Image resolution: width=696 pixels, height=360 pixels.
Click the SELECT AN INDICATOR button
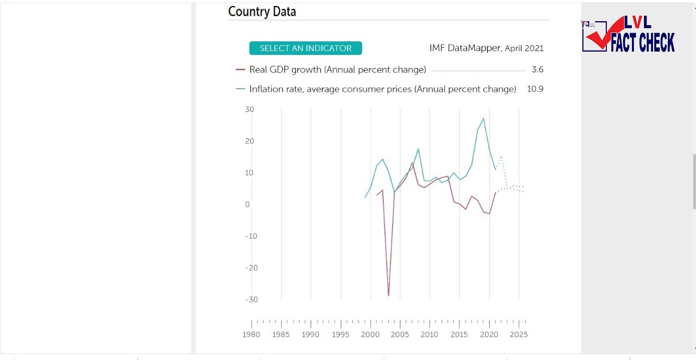(306, 48)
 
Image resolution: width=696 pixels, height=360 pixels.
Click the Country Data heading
(262, 11)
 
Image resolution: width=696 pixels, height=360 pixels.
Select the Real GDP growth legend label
(337, 70)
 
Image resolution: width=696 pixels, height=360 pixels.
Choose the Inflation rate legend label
(382, 89)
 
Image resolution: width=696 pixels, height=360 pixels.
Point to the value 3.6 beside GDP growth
(537, 70)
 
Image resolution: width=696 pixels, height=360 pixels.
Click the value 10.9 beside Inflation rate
(535, 89)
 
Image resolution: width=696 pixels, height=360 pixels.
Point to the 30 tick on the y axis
(250, 109)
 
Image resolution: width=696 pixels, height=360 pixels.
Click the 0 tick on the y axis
(247, 204)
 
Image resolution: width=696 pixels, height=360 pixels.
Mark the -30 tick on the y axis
(251, 300)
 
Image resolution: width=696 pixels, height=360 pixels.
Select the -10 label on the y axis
(251, 236)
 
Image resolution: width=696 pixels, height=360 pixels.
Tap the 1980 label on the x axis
(251, 334)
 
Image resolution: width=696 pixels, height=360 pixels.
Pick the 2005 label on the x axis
(400, 334)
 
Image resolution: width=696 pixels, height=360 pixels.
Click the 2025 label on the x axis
(519, 334)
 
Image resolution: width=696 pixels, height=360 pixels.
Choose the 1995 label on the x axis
(340, 334)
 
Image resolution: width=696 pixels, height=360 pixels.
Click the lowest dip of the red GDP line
(388, 296)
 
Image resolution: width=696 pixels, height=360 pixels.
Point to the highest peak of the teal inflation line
(483, 118)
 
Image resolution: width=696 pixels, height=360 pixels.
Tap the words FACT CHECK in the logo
(643, 42)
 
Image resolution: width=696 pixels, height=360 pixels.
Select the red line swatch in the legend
(240, 70)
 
